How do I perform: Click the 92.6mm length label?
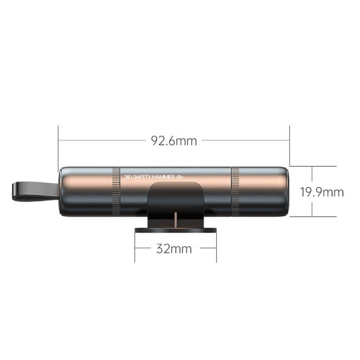coord(174,141)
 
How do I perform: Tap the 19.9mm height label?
coord(322,192)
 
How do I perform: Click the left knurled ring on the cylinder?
coord(116,191)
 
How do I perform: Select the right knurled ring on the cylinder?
coord(235,191)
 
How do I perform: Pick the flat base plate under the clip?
coord(175,230)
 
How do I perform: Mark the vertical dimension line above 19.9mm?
coord(312,175)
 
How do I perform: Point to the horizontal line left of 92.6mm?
coord(103,140)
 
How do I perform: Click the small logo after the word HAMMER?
coord(180,177)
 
